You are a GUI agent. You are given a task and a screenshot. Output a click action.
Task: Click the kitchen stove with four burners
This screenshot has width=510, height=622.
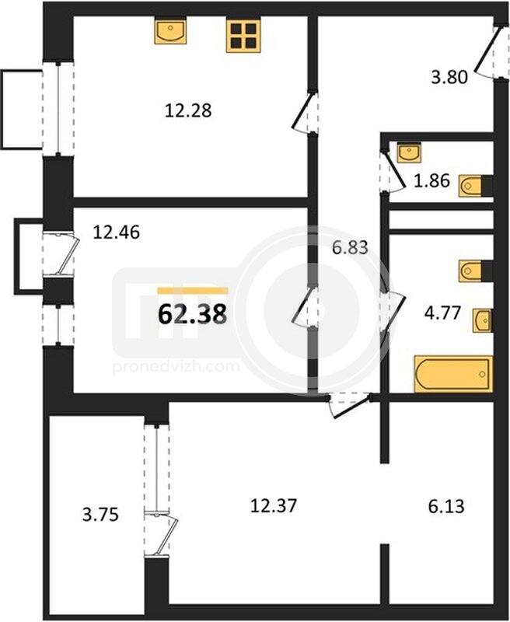(243, 36)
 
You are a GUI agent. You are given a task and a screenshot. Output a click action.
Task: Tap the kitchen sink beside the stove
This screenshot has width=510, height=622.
(170, 31)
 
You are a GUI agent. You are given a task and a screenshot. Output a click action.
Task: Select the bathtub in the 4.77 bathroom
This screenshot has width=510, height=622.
(453, 374)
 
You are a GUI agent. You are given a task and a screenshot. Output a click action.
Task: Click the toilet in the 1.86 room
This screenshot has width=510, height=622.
(476, 186)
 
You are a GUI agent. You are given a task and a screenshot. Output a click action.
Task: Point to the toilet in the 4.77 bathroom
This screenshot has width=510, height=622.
(476, 271)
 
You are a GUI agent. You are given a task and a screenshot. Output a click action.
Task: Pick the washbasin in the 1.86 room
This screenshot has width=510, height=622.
(409, 152)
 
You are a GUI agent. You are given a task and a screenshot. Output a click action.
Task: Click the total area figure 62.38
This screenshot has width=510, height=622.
(192, 315)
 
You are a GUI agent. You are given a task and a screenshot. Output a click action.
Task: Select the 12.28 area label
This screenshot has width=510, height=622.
(188, 110)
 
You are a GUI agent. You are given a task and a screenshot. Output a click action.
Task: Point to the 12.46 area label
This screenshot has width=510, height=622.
(116, 232)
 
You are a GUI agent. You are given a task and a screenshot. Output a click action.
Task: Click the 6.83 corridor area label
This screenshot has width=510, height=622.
(350, 247)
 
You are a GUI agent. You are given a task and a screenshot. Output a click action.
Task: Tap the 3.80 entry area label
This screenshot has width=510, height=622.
(449, 77)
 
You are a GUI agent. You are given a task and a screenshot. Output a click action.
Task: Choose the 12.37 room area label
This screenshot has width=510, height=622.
(274, 506)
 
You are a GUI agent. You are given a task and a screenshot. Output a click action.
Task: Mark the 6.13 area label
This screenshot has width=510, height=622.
(446, 507)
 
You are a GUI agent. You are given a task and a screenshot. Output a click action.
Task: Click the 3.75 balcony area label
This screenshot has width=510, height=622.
(100, 515)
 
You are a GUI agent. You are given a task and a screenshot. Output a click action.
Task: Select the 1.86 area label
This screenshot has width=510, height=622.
(432, 181)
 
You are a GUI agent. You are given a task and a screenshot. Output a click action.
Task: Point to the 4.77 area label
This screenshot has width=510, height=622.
(442, 313)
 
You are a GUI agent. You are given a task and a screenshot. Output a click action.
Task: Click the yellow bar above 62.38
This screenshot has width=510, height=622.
(193, 291)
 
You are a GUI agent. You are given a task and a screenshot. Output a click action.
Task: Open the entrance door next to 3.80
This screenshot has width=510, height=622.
(486, 51)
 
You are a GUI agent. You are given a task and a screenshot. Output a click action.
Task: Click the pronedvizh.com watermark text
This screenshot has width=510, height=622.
(176, 367)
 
